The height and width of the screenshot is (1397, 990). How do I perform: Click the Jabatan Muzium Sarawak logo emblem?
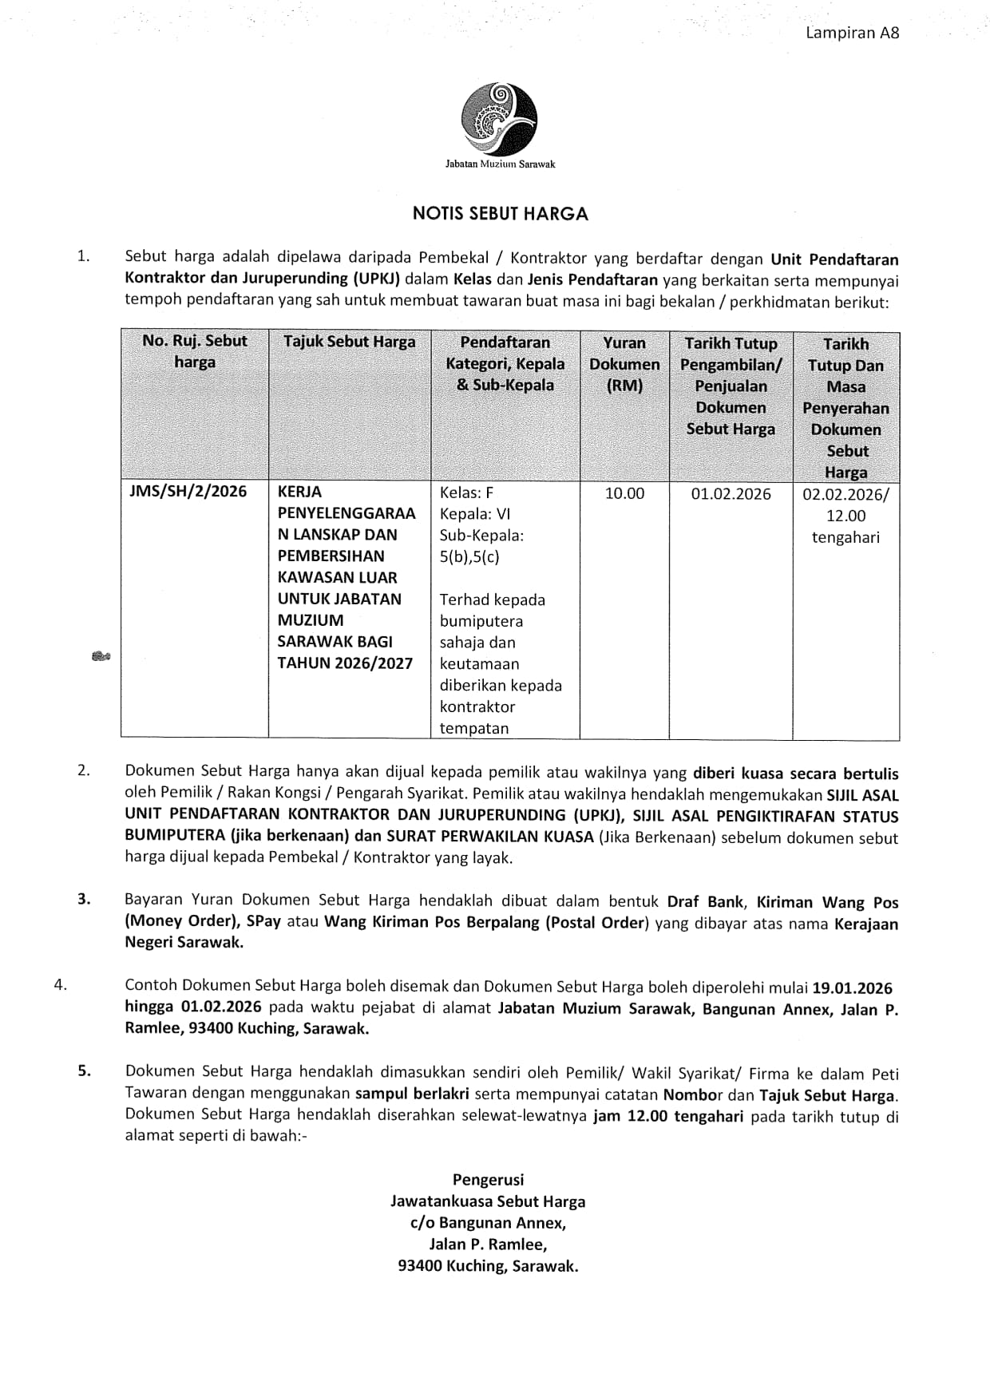pos(499,120)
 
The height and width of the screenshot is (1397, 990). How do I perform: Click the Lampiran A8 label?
pos(852,33)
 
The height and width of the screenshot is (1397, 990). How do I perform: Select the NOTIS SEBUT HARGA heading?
pos(500,213)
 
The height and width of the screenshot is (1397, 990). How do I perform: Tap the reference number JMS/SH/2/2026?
pos(188,491)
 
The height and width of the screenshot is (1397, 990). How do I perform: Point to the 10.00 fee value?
pos(624,493)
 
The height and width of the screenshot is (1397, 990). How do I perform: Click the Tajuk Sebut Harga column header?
pos(349,342)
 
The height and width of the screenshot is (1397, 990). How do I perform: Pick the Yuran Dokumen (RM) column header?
pos(624,364)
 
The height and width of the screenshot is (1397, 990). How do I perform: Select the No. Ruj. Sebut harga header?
pos(195,351)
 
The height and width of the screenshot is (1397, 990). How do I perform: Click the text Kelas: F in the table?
pos(467,493)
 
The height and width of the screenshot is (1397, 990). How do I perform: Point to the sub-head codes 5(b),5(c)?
pos(469,557)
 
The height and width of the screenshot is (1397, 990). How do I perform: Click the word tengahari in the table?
pos(845,537)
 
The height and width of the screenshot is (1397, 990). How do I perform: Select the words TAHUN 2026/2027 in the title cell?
pos(345,663)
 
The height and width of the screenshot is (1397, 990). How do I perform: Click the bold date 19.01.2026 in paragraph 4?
pos(852,988)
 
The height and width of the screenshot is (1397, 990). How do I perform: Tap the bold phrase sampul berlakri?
pos(412,1094)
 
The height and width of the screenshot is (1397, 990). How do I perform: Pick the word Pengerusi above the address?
pos(488,1179)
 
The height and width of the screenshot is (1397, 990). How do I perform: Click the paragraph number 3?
pos(84,899)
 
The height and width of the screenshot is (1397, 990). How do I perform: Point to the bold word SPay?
pos(263,921)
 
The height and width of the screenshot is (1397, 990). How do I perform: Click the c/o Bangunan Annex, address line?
pos(488,1222)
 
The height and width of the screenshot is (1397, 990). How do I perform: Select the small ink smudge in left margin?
pos(101,657)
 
